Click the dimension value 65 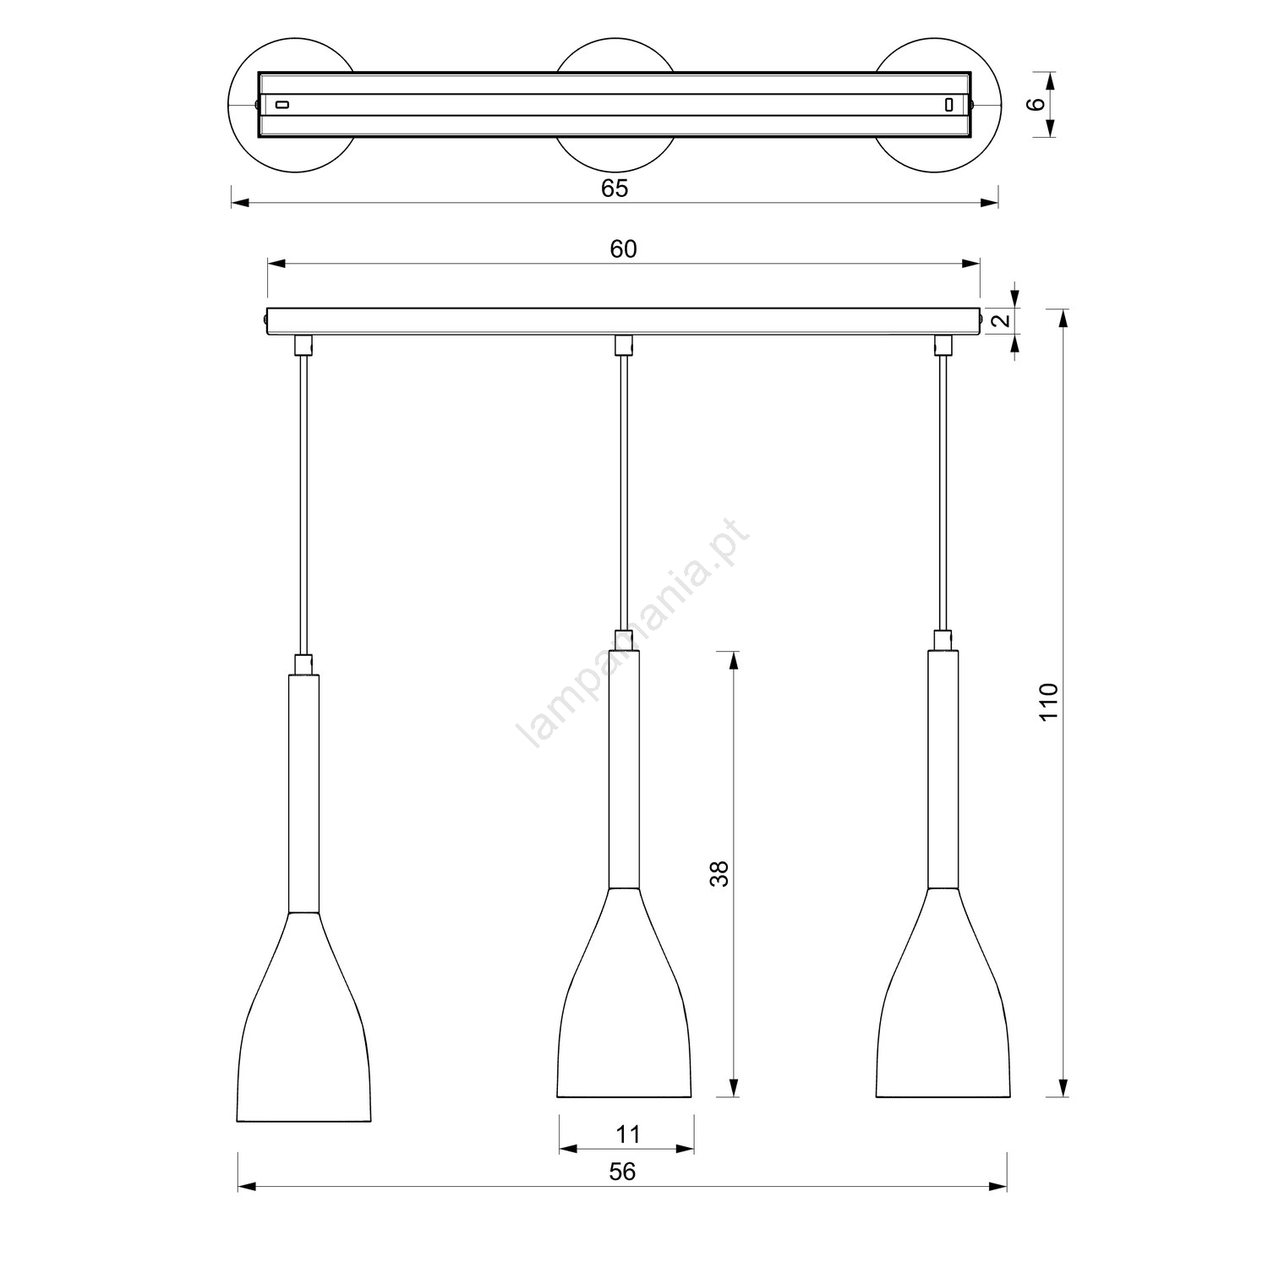coord(615,189)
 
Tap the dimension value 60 coord(623,249)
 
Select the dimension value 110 coord(1048,701)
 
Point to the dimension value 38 coord(719,873)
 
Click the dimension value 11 coord(627,1134)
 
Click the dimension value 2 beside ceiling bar coord(1000,321)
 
